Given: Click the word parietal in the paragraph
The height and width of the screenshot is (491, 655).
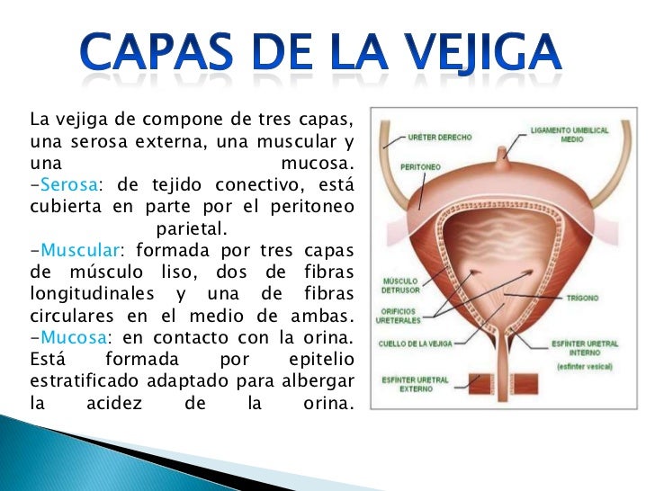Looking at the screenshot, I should (192, 228).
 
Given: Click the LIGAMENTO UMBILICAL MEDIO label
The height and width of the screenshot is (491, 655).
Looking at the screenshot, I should (577, 135).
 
